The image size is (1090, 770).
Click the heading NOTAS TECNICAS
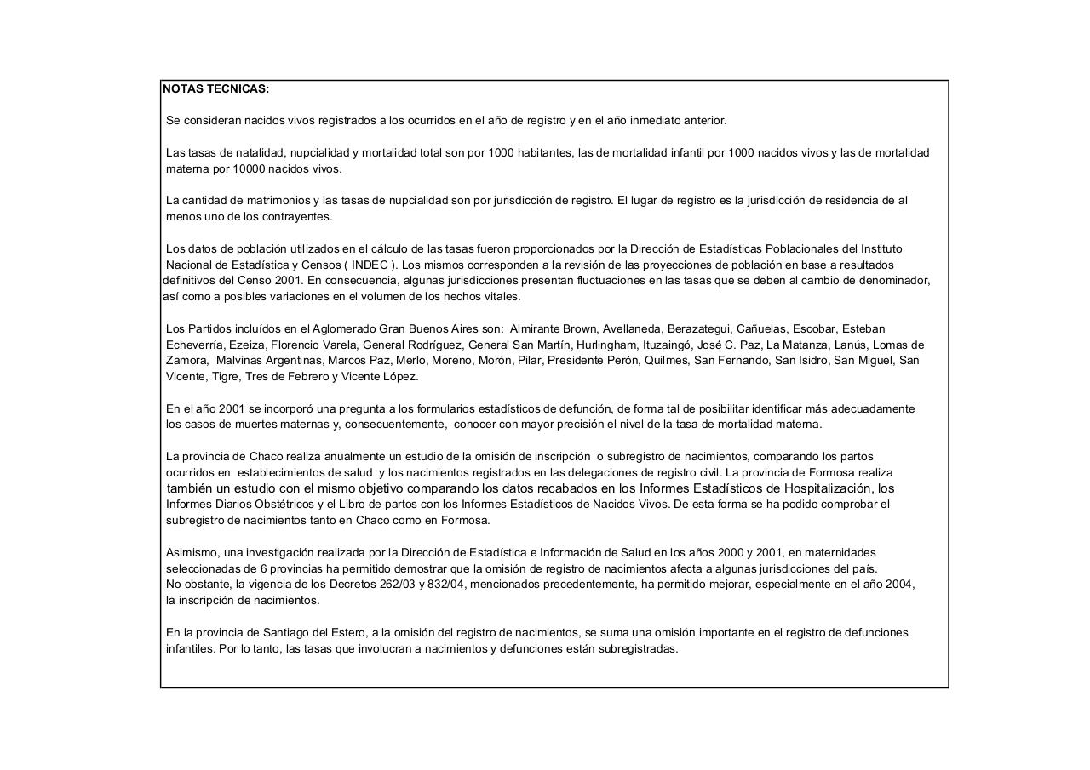pyautogui.click(x=215, y=89)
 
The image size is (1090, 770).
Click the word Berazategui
pyautogui.click(x=698, y=329)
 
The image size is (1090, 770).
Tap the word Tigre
pyautogui.click(x=225, y=377)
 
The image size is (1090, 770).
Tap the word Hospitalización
pyautogui.click(x=827, y=488)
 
